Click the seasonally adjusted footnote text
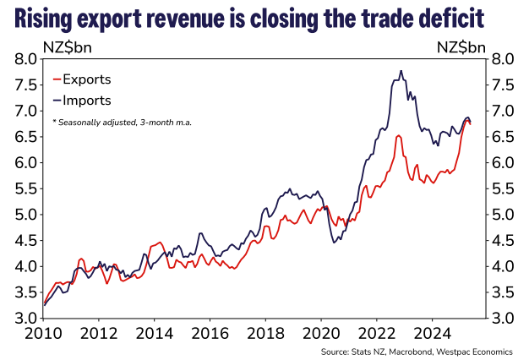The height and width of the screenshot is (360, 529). coord(122,123)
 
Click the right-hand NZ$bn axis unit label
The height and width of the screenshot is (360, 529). coord(462,46)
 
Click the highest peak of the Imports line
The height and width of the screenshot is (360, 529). coord(401,71)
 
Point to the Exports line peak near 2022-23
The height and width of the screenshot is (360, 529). coord(397,135)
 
